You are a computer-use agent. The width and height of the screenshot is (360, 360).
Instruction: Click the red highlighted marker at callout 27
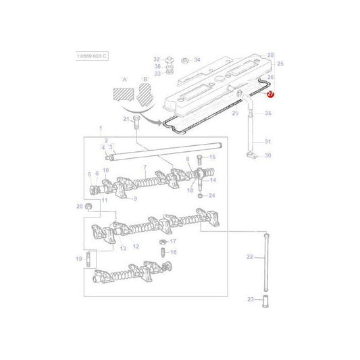(x=270, y=96)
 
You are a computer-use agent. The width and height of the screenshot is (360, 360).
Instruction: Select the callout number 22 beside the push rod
(x=249, y=257)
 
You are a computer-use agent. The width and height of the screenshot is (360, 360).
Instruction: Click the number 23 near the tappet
(x=249, y=299)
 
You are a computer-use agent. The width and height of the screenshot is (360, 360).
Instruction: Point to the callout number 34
(x=197, y=60)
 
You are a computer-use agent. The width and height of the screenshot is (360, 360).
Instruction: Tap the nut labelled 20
(x=89, y=206)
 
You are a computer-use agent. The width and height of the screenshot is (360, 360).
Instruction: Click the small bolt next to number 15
(x=199, y=159)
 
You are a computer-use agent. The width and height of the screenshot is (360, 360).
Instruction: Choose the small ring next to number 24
(x=201, y=196)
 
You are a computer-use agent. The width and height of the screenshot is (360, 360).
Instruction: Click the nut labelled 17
(x=163, y=241)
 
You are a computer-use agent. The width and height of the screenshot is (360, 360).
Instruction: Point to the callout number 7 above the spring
(x=145, y=167)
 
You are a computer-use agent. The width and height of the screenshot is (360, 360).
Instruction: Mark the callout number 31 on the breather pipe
(x=267, y=141)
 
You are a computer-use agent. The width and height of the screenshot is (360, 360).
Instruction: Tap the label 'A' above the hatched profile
(x=124, y=78)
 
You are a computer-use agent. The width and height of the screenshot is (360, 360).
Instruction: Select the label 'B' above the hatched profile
(x=145, y=78)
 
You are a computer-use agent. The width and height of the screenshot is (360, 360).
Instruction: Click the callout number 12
(x=136, y=247)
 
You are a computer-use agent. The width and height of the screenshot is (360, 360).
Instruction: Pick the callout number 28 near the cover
(x=271, y=55)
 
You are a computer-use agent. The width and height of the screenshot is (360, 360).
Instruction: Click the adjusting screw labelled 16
(x=163, y=253)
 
